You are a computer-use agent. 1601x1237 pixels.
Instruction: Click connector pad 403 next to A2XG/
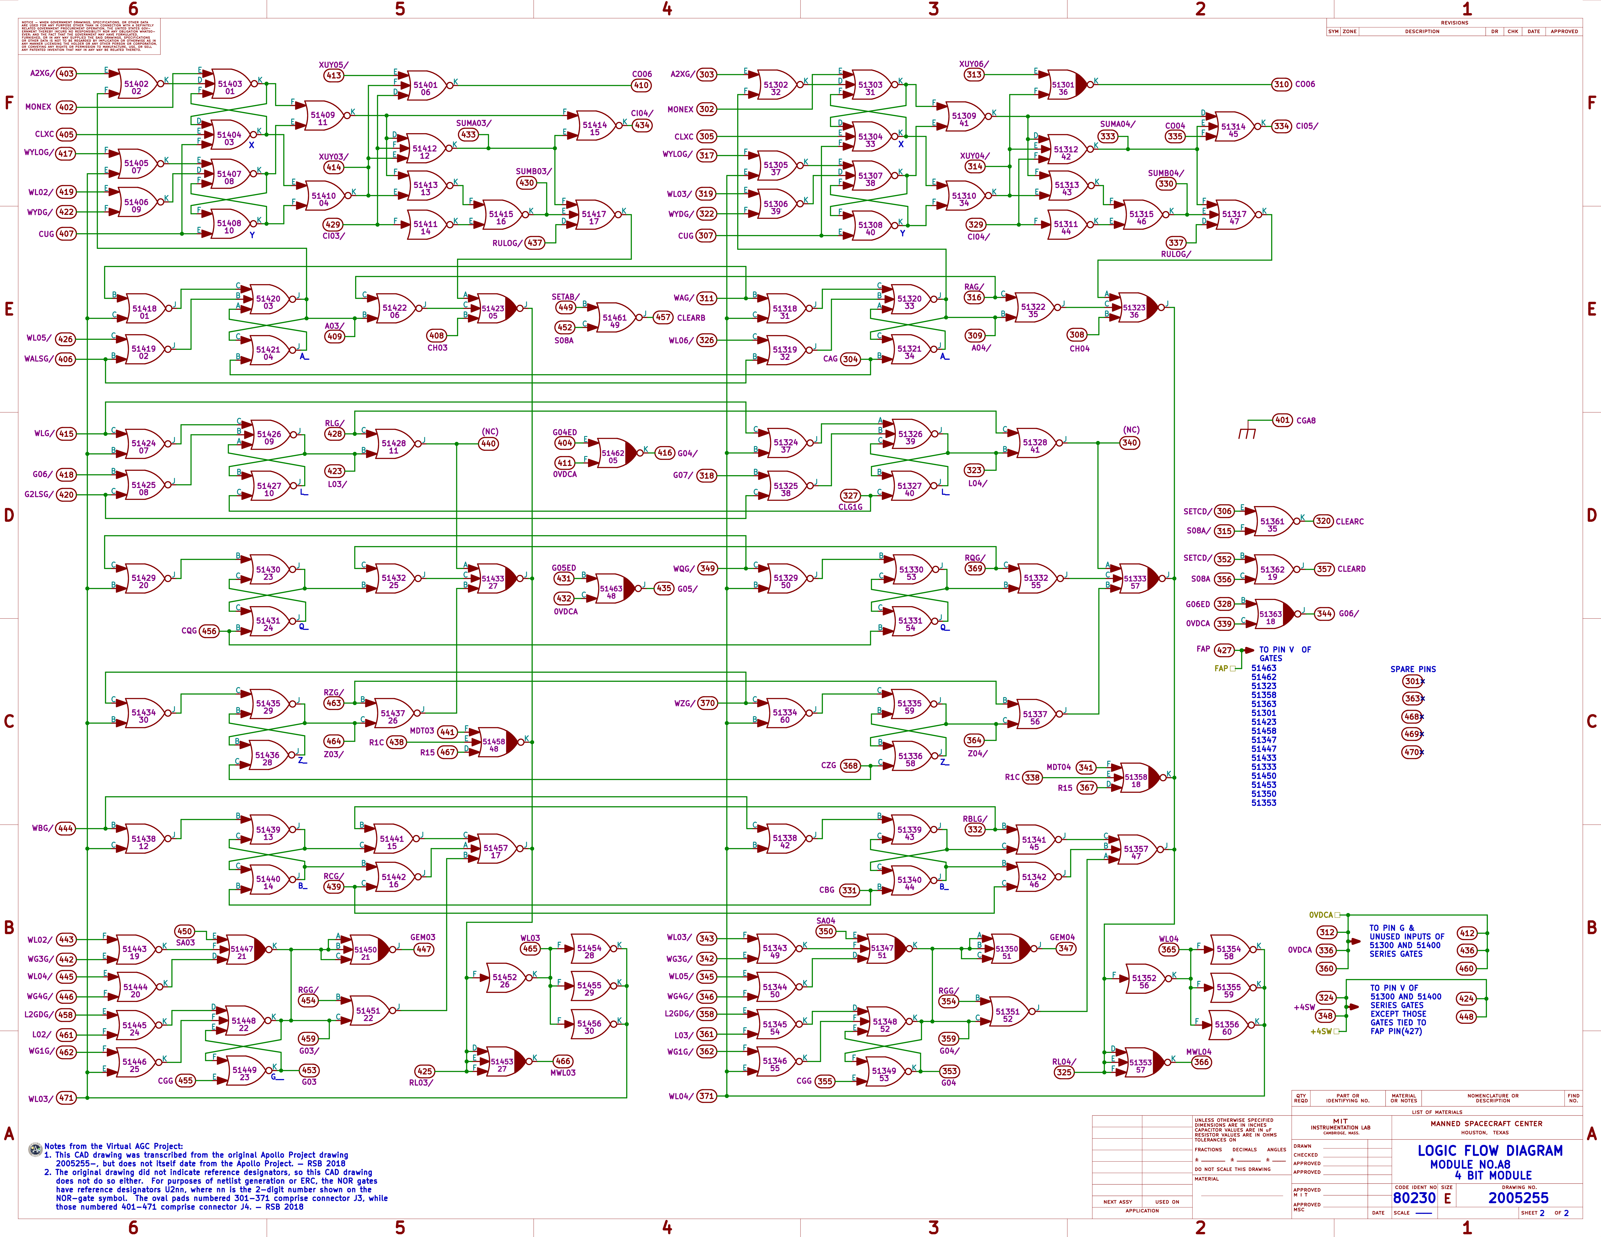point(66,73)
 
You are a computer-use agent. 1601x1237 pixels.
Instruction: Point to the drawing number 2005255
point(1518,1197)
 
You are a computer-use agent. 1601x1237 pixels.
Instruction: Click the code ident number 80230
point(1414,1197)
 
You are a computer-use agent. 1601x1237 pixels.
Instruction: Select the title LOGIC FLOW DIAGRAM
point(1490,1150)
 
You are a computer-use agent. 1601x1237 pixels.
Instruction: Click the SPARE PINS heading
point(1413,669)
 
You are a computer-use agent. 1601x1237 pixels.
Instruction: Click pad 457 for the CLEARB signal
point(663,317)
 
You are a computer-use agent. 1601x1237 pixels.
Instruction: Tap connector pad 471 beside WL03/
point(66,1098)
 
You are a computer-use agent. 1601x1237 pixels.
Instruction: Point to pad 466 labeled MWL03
point(562,1061)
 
